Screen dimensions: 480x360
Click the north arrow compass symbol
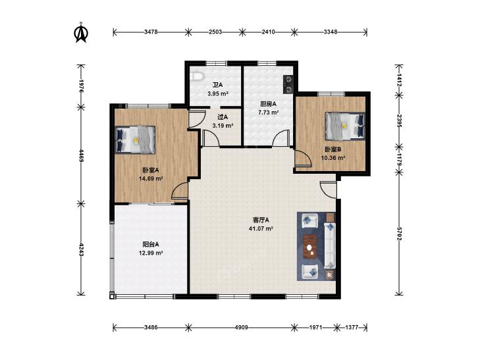(81, 32)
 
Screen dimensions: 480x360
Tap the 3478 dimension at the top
(151, 32)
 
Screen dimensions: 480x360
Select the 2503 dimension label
(215, 32)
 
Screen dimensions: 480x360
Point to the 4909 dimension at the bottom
(241, 327)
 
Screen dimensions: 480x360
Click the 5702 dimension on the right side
(398, 234)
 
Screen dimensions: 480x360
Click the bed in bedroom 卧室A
(135, 140)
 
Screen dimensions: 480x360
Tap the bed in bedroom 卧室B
(345, 126)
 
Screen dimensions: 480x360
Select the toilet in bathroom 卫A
(196, 76)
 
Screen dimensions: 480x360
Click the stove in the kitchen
(288, 84)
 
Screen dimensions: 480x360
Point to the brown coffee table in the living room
(310, 247)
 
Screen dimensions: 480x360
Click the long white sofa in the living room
(330, 246)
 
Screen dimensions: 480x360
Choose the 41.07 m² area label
(261, 228)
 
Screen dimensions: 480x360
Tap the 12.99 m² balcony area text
(151, 253)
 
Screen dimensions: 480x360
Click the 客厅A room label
(261, 220)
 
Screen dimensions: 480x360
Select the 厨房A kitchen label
(268, 104)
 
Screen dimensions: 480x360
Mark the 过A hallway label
(223, 117)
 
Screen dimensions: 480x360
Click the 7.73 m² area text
(268, 113)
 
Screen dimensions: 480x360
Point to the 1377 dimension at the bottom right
(352, 327)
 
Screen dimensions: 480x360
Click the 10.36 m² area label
(333, 158)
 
